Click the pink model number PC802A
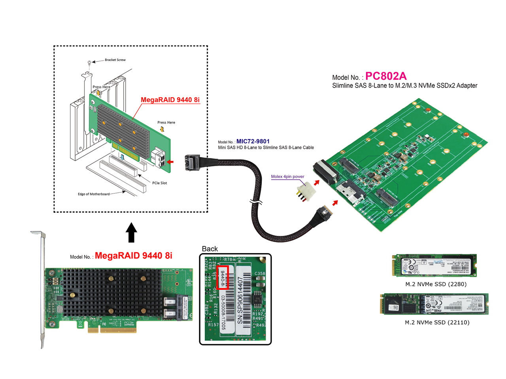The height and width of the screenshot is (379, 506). click(x=385, y=76)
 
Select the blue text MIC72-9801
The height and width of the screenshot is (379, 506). click(x=253, y=141)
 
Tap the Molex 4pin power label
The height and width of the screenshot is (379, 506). click(x=287, y=176)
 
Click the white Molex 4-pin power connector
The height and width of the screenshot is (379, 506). click(x=306, y=192)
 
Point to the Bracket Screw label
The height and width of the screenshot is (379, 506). click(x=115, y=60)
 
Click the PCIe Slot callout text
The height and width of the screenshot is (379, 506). click(x=159, y=183)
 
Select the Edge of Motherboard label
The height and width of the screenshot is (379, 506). click(x=94, y=194)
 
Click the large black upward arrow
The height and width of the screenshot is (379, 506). click(x=131, y=233)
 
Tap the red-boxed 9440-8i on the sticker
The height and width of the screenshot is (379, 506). click(x=223, y=278)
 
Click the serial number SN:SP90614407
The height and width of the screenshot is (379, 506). click(x=240, y=300)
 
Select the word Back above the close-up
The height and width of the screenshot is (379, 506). click(x=210, y=249)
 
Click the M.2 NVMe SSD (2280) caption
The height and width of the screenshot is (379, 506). click(x=436, y=284)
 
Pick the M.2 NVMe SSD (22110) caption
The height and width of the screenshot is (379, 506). click(x=437, y=323)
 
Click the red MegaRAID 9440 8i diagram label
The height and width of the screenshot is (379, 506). click(x=170, y=100)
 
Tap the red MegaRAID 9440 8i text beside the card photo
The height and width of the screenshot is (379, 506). click(x=133, y=256)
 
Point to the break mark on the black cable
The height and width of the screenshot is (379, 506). click(x=256, y=203)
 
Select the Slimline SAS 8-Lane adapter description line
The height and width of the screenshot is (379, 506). click(x=404, y=86)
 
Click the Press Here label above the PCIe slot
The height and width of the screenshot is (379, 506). click(x=166, y=122)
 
